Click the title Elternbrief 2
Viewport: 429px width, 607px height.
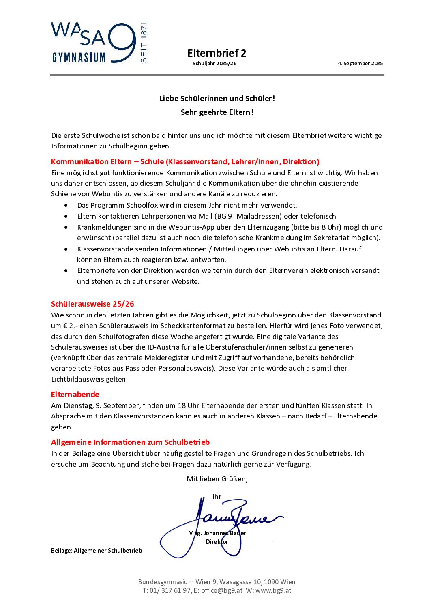pos(217,53)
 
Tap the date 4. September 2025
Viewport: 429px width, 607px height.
pos(360,64)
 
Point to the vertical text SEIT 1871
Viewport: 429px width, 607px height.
pos(144,43)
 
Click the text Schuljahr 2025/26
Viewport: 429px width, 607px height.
pos(214,64)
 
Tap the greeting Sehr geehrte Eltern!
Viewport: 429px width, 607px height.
pos(217,112)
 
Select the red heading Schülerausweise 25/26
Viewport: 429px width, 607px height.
pos(92,304)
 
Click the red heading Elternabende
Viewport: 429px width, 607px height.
pos(75,394)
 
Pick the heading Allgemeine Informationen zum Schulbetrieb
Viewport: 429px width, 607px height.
pos(130,442)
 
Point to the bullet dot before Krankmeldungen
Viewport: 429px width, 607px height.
pos(66,227)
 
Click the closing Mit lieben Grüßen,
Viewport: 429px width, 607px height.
pos(217,479)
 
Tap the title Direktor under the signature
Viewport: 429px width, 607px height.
pos(217,542)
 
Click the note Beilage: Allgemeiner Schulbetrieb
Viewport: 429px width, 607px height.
pos(97,551)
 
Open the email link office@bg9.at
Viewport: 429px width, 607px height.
pos(221,591)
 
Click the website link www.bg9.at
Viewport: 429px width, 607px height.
pos(273,591)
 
